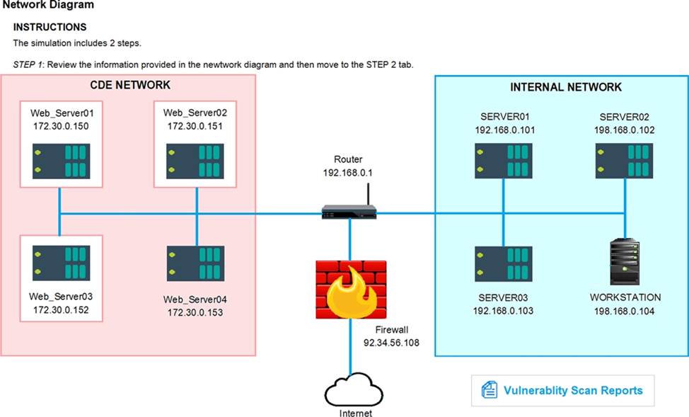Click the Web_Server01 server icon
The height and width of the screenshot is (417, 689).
pyautogui.click(x=60, y=161)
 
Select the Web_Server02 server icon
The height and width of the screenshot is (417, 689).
pyautogui.click(x=195, y=161)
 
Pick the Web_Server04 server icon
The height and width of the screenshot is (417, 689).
pyautogui.click(x=195, y=263)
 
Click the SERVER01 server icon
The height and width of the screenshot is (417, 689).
pyautogui.click(x=503, y=161)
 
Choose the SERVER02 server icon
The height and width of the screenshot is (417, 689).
pyautogui.click(x=624, y=161)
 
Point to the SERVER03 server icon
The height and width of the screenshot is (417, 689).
pyautogui.click(x=503, y=263)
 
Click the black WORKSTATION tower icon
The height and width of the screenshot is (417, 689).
pyautogui.click(x=625, y=263)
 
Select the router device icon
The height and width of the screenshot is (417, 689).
pyautogui.click(x=349, y=210)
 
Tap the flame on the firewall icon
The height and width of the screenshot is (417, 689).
pyautogui.click(x=349, y=294)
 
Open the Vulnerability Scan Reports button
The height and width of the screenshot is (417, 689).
pyautogui.click(x=563, y=390)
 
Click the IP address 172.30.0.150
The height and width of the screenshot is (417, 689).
pyautogui.click(x=60, y=126)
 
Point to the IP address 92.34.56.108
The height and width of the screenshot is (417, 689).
pyautogui.click(x=391, y=343)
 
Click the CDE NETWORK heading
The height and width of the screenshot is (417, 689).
pyautogui.click(x=129, y=85)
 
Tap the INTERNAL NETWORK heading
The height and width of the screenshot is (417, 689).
pyautogui.click(x=566, y=87)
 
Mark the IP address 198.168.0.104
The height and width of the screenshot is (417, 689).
pyautogui.click(x=625, y=311)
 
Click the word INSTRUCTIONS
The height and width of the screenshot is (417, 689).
pyautogui.click(x=50, y=27)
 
